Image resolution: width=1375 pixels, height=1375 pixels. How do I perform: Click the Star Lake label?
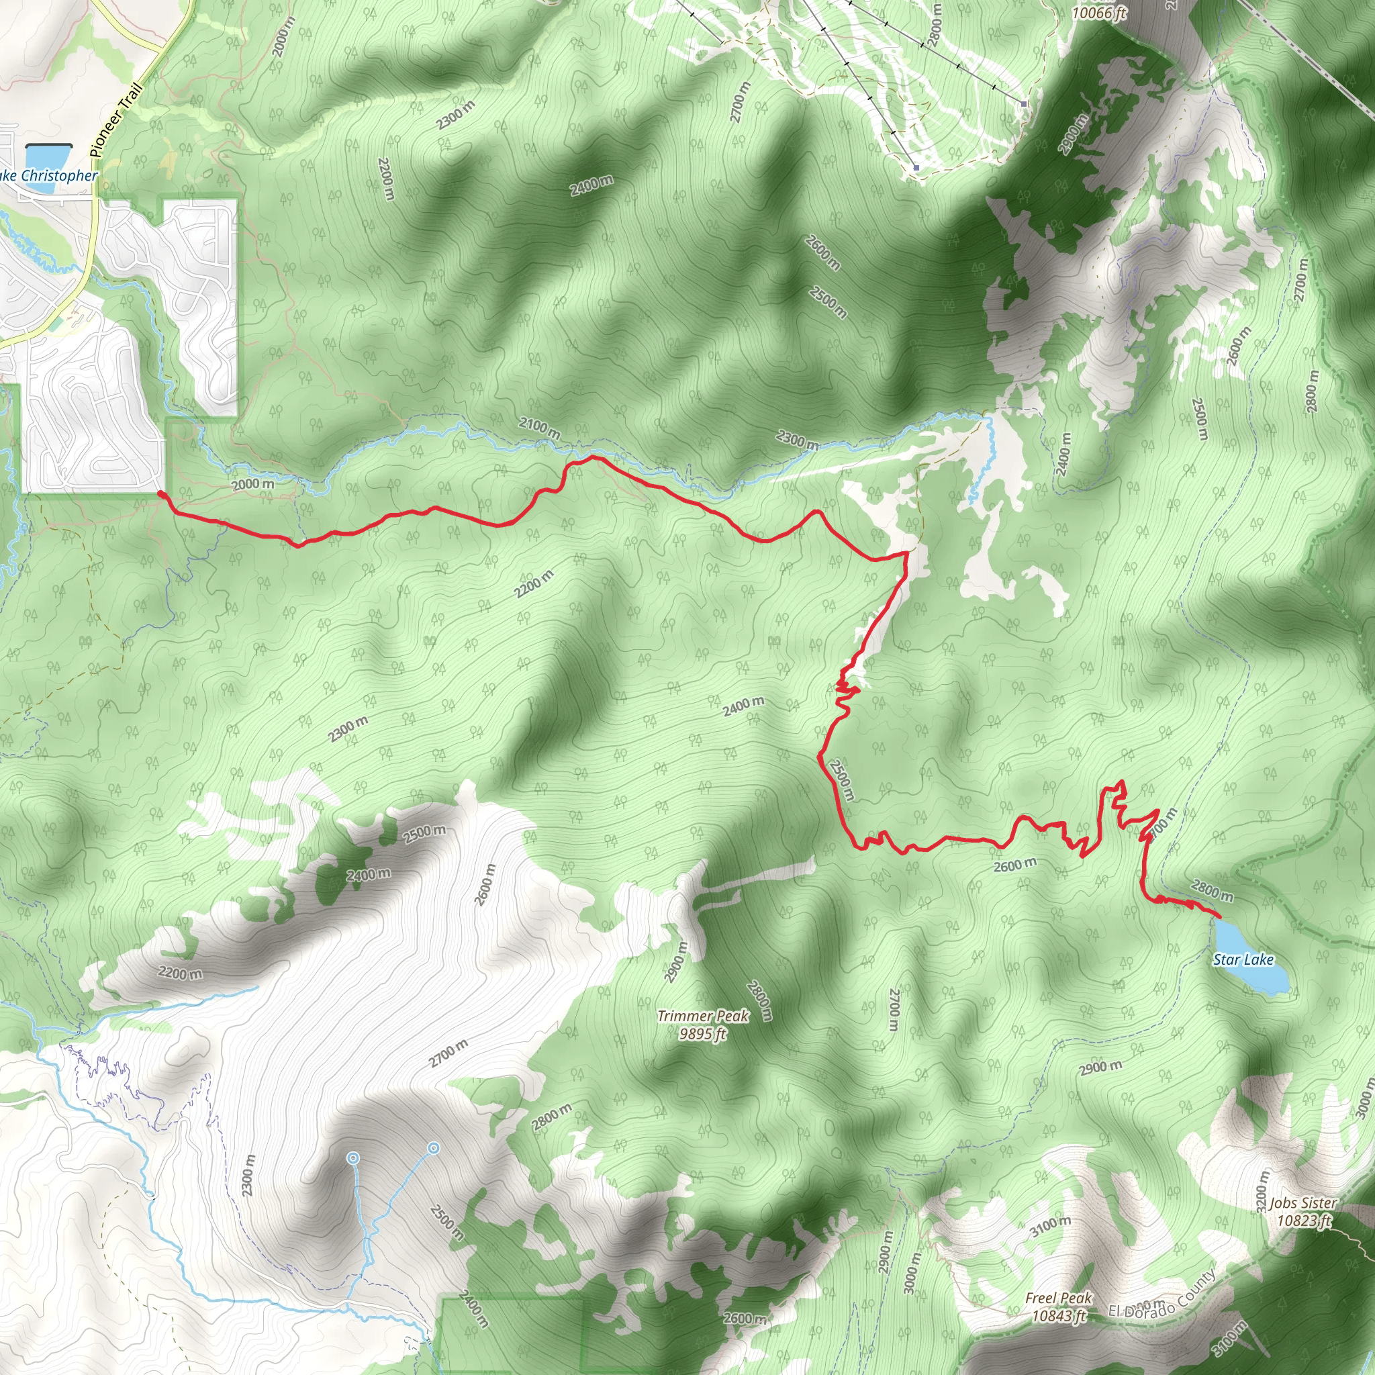(1243, 959)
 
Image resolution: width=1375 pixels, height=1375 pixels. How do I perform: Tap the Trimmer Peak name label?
(702, 1016)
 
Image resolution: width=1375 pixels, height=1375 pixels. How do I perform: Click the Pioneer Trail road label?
(117, 120)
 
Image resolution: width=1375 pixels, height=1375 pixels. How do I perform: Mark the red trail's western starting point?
(162, 494)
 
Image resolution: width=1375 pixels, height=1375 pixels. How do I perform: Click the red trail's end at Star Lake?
(1219, 916)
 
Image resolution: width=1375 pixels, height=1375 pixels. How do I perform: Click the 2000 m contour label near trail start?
(252, 485)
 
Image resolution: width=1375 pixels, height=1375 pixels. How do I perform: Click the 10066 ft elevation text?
(1100, 13)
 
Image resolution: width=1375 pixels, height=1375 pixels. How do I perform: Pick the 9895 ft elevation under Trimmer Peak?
(702, 1033)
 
